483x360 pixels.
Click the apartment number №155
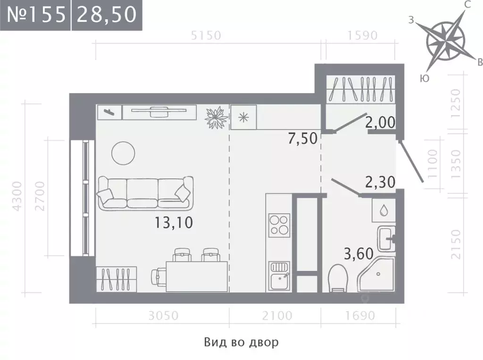(36, 14)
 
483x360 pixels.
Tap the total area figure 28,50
(107, 14)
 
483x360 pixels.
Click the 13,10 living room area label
(174, 222)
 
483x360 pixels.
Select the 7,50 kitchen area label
(302, 138)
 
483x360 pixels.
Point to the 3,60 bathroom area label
(358, 254)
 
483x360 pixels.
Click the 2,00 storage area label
(380, 122)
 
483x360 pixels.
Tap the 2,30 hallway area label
(380, 182)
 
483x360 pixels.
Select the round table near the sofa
(123, 153)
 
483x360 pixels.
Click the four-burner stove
(279, 225)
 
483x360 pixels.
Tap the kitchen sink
(279, 276)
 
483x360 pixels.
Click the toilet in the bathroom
(338, 278)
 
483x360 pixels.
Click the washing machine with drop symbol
(383, 210)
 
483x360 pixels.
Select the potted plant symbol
(216, 117)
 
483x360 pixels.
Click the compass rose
(446, 41)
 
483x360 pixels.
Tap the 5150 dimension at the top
(206, 35)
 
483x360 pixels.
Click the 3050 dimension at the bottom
(163, 316)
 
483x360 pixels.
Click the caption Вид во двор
(241, 342)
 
